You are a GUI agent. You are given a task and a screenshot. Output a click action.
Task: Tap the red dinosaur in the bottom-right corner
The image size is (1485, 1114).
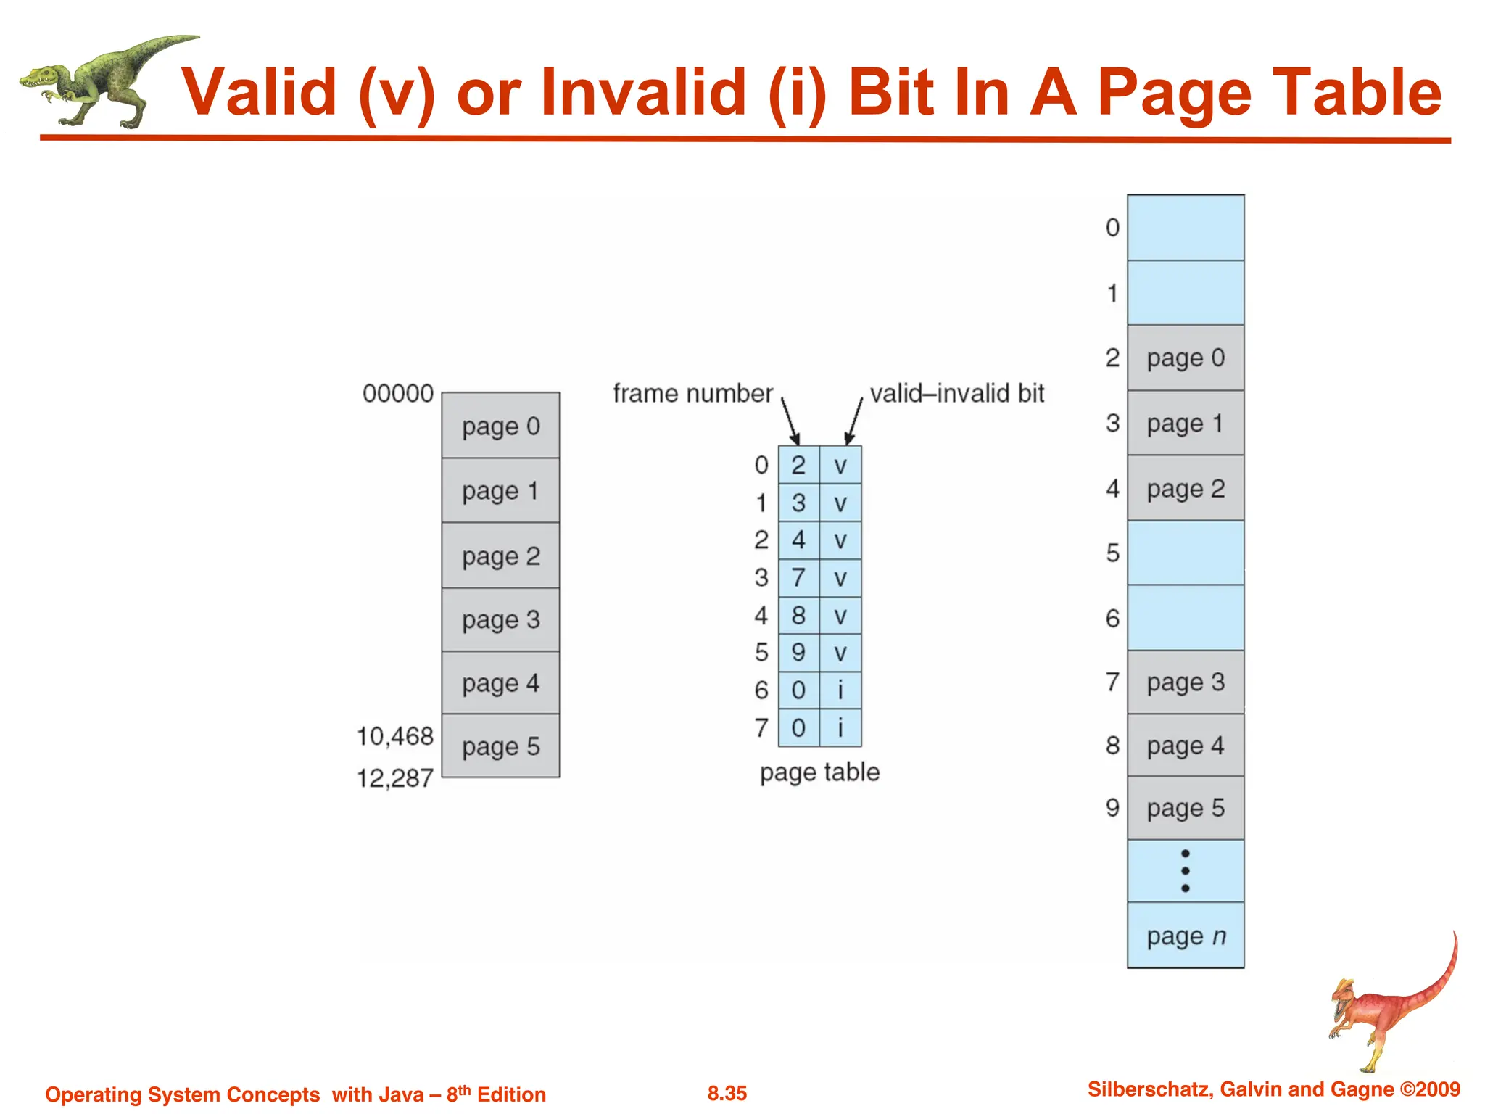(x=1392, y=1008)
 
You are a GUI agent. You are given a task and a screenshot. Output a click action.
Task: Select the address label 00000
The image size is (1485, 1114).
(x=398, y=394)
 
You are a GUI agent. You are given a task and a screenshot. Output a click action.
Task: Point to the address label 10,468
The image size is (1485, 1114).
(x=395, y=737)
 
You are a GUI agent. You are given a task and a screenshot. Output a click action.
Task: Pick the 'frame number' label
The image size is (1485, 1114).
(x=692, y=394)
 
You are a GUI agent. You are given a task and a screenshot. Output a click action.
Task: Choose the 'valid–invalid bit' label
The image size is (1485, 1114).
(x=957, y=394)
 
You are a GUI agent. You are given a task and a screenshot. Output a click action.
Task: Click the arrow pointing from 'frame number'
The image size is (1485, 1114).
(x=790, y=421)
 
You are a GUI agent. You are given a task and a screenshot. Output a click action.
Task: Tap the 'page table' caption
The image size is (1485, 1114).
(x=819, y=772)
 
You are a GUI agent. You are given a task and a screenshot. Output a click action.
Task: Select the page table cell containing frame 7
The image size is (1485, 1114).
(x=798, y=578)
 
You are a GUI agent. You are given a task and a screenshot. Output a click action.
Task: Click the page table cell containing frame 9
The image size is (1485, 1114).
(x=798, y=653)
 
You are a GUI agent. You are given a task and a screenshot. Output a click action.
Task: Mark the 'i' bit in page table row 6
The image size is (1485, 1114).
(x=840, y=690)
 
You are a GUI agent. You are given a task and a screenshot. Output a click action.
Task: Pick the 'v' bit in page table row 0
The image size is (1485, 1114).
(x=840, y=466)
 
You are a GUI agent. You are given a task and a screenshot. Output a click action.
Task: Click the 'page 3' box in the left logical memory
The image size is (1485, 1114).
(x=501, y=620)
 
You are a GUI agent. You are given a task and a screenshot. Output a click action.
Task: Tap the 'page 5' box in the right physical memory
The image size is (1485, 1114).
(x=1186, y=808)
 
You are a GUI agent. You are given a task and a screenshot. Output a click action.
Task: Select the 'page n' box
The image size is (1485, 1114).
(x=1186, y=936)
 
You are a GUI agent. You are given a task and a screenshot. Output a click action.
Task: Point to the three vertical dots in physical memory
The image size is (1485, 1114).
(x=1186, y=871)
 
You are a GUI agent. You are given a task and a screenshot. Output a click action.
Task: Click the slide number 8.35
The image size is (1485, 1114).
(x=727, y=1094)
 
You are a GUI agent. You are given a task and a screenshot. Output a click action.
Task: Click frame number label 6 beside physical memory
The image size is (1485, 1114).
(x=1112, y=619)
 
